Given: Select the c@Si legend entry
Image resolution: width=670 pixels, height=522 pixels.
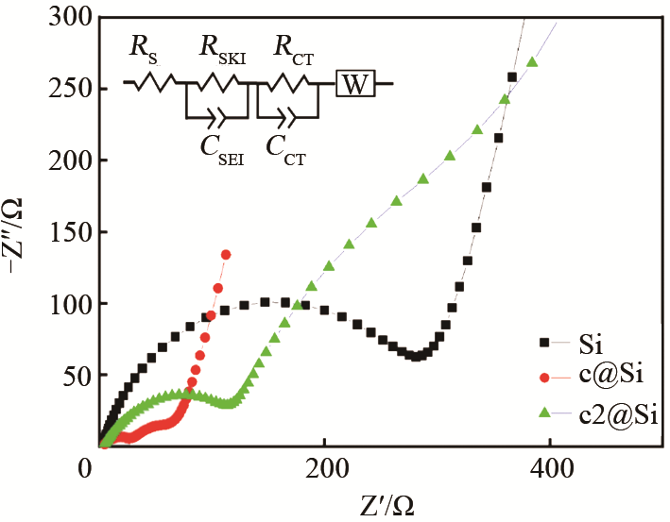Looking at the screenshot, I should [x=605, y=378].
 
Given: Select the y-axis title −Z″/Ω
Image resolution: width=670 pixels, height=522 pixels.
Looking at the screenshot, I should [x=20, y=230].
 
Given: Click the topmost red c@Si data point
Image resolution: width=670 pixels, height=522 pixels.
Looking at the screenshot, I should [x=226, y=254].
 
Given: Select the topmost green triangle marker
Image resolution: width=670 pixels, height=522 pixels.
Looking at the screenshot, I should [x=532, y=62].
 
